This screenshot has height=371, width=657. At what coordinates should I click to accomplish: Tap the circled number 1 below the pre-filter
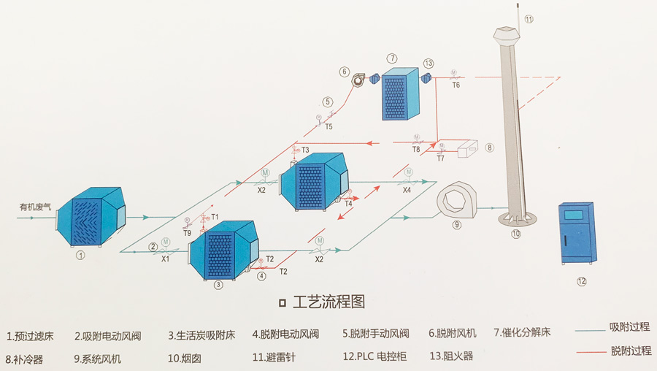coord(81,256)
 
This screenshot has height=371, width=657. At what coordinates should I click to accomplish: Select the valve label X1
coord(165,258)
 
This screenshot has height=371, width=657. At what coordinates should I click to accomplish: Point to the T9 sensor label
coord(188,233)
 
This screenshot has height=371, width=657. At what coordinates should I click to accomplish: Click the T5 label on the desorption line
coord(328,126)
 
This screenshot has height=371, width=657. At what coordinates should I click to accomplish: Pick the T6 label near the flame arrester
coord(456,85)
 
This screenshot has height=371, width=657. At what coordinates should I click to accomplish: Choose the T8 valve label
coord(415,149)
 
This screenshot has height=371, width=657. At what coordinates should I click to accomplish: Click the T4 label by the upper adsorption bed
coord(348,204)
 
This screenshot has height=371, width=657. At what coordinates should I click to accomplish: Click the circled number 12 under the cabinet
coord(582,281)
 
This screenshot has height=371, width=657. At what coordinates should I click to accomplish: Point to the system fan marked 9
coord(456,199)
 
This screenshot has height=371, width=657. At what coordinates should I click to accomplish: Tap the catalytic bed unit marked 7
coord(399,93)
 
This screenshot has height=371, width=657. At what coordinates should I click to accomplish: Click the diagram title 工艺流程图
coord(328,302)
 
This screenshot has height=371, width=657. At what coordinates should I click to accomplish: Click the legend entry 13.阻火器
coord(450,357)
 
